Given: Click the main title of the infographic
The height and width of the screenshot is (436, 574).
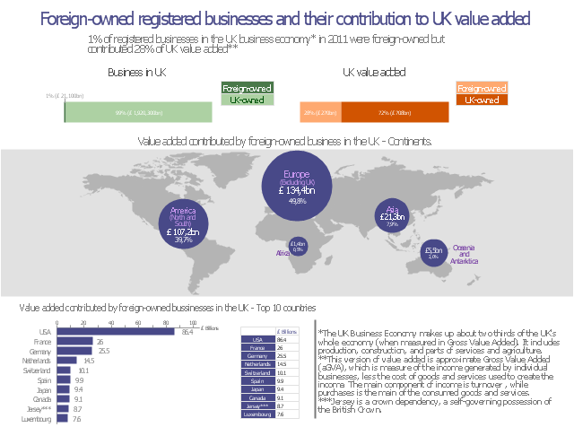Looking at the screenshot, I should [286, 19].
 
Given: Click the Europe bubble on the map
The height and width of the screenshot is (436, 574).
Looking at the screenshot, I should [296, 184].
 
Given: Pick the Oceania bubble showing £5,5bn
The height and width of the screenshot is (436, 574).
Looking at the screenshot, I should [433, 253].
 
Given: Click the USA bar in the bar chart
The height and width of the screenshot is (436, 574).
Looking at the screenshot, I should [116, 332].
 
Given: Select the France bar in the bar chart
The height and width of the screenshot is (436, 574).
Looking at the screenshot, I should [74, 342].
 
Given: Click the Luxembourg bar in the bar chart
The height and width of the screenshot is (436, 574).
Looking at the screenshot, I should [62, 418].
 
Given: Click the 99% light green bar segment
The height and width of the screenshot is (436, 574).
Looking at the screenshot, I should [138, 113].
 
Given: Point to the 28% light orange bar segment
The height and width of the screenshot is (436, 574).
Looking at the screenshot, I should [320, 113].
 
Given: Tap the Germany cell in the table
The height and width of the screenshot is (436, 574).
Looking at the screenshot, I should [257, 356].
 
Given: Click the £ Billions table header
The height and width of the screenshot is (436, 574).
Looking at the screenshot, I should [287, 331].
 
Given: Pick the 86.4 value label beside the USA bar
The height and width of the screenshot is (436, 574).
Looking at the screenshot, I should [187, 332].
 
